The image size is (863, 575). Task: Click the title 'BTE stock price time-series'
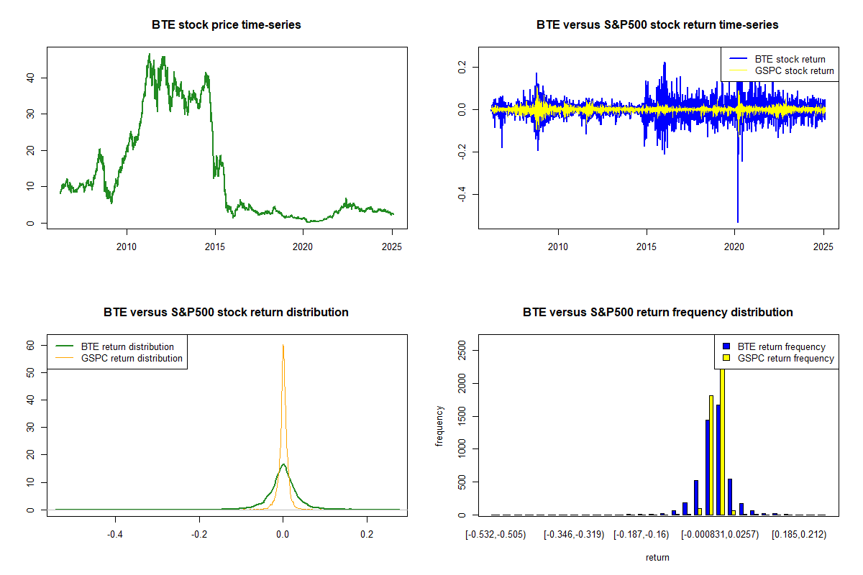pyautogui.click(x=227, y=24)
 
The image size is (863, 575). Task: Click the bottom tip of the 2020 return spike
pyautogui.click(x=738, y=222)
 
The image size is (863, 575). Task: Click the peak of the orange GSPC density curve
pyautogui.click(x=283, y=345)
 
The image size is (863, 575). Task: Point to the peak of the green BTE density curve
pyautogui.click(x=283, y=464)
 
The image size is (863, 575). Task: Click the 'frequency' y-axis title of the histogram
pyautogui.click(x=439, y=427)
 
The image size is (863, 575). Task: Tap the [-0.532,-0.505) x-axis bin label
pyautogui.click(x=496, y=535)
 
